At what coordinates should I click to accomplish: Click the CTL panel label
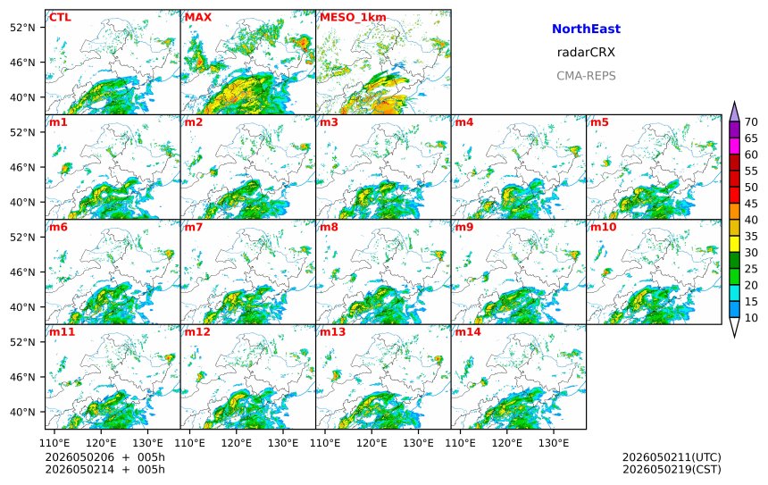[x=60, y=18]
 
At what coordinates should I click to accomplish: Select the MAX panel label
[x=198, y=18]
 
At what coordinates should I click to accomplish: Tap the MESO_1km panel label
[x=353, y=18]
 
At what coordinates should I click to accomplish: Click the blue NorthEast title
[x=586, y=29]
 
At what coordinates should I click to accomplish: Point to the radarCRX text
[x=586, y=53]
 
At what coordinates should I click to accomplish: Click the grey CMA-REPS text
[x=586, y=76]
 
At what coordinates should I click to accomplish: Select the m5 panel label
[x=599, y=122]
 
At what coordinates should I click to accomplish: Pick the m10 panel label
[x=603, y=227]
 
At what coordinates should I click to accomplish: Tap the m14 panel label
[x=468, y=332]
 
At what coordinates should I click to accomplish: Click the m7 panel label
[x=194, y=227]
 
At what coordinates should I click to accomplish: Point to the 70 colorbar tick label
[x=751, y=122]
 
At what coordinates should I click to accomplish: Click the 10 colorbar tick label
[x=751, y=318]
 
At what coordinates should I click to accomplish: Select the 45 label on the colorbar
[x=751, y=204]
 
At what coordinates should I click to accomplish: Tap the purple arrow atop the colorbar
[x=734, y=112]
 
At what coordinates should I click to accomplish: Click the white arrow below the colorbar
[x=734, y=327]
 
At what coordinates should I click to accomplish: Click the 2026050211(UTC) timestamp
[x=672, y=457]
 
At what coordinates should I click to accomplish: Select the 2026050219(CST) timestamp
[x=672, y=469]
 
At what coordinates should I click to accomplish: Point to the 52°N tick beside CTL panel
[x=22, y=28]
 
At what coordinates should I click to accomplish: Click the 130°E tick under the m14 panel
[x=554, y=443]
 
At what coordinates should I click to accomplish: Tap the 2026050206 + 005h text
[x=104, y=457]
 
